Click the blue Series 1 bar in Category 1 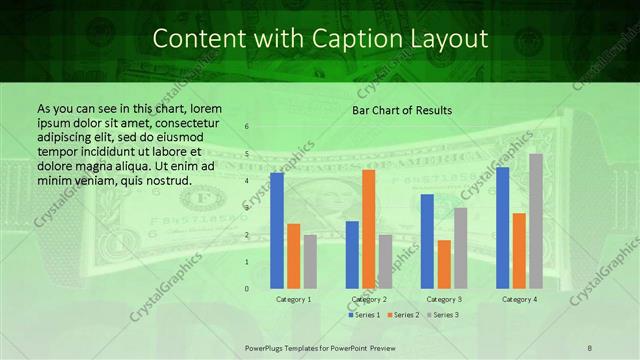pyautogui.click(x=277, y=231)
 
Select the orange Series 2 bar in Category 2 pyautogui.click(x=368, y=229)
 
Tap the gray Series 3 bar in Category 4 pyautogui.click(x=536, y=221)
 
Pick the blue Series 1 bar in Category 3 pyautogui.click(x=427, y=241)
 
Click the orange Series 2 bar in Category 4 pyautogui.click(x=519, y=251)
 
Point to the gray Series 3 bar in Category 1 pyautogui.click(x=310, y=262)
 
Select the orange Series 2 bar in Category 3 pyautogui.click(x=444, y=264)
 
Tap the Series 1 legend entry pyautogui.click(x=364, y=315)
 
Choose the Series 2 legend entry pyautogui.click(x=403, y=315)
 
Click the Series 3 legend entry pyautogui.click(x=443, y=315)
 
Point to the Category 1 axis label pyautogui.click(x=293, y=299)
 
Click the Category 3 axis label pyautogui.click(x=443, y=299)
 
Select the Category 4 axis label pyautogui.click(x=519, y=299)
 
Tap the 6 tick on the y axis pyautogui.click(x=247, y=127)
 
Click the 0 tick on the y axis pyautogui.click(x=247, y=289)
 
